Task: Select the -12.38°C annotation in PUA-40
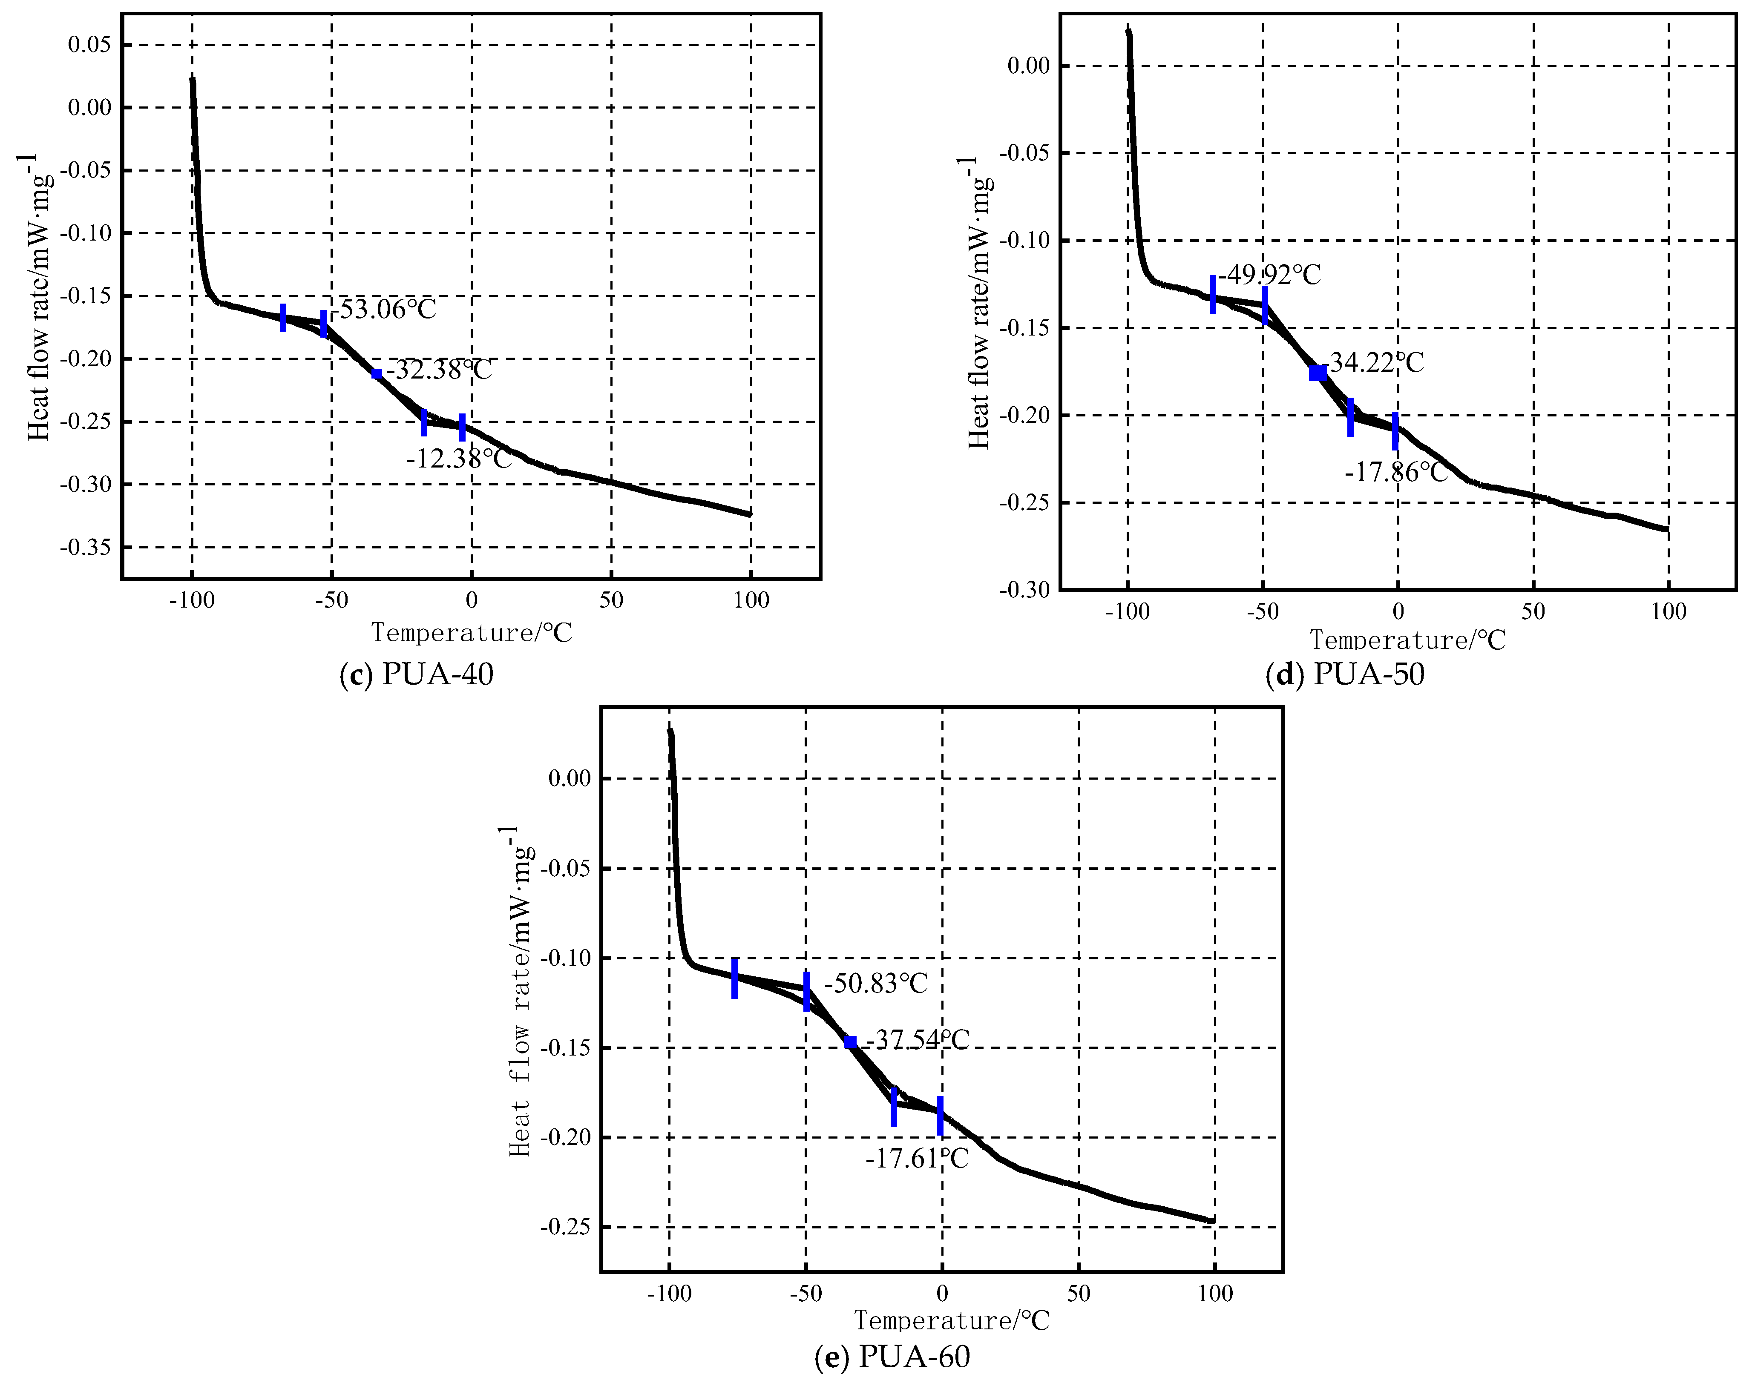[458, 459]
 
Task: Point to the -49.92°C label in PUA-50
[1269, 275]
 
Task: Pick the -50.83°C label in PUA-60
[876, 983]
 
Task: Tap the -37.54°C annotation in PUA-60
[917, 1039]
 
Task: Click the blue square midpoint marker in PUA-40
[377, 373]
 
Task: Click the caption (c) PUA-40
[416, 674]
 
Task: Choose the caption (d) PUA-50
[1345, 674]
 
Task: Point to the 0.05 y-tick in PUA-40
[89, 44]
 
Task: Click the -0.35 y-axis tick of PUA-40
[86, 547]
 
